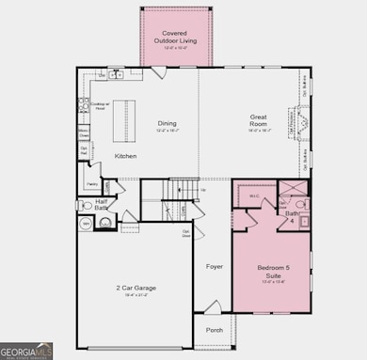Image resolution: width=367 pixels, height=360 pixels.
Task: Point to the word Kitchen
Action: pos(125,156)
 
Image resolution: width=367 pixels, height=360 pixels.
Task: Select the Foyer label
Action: pos(215,267)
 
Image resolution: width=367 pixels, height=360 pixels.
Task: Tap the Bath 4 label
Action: pos(293,216)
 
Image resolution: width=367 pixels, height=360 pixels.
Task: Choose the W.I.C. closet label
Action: pos(254,196)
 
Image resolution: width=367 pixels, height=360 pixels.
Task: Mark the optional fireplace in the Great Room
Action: pos(302,123)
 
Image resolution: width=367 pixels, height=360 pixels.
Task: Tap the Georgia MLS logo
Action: pos(26,351)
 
